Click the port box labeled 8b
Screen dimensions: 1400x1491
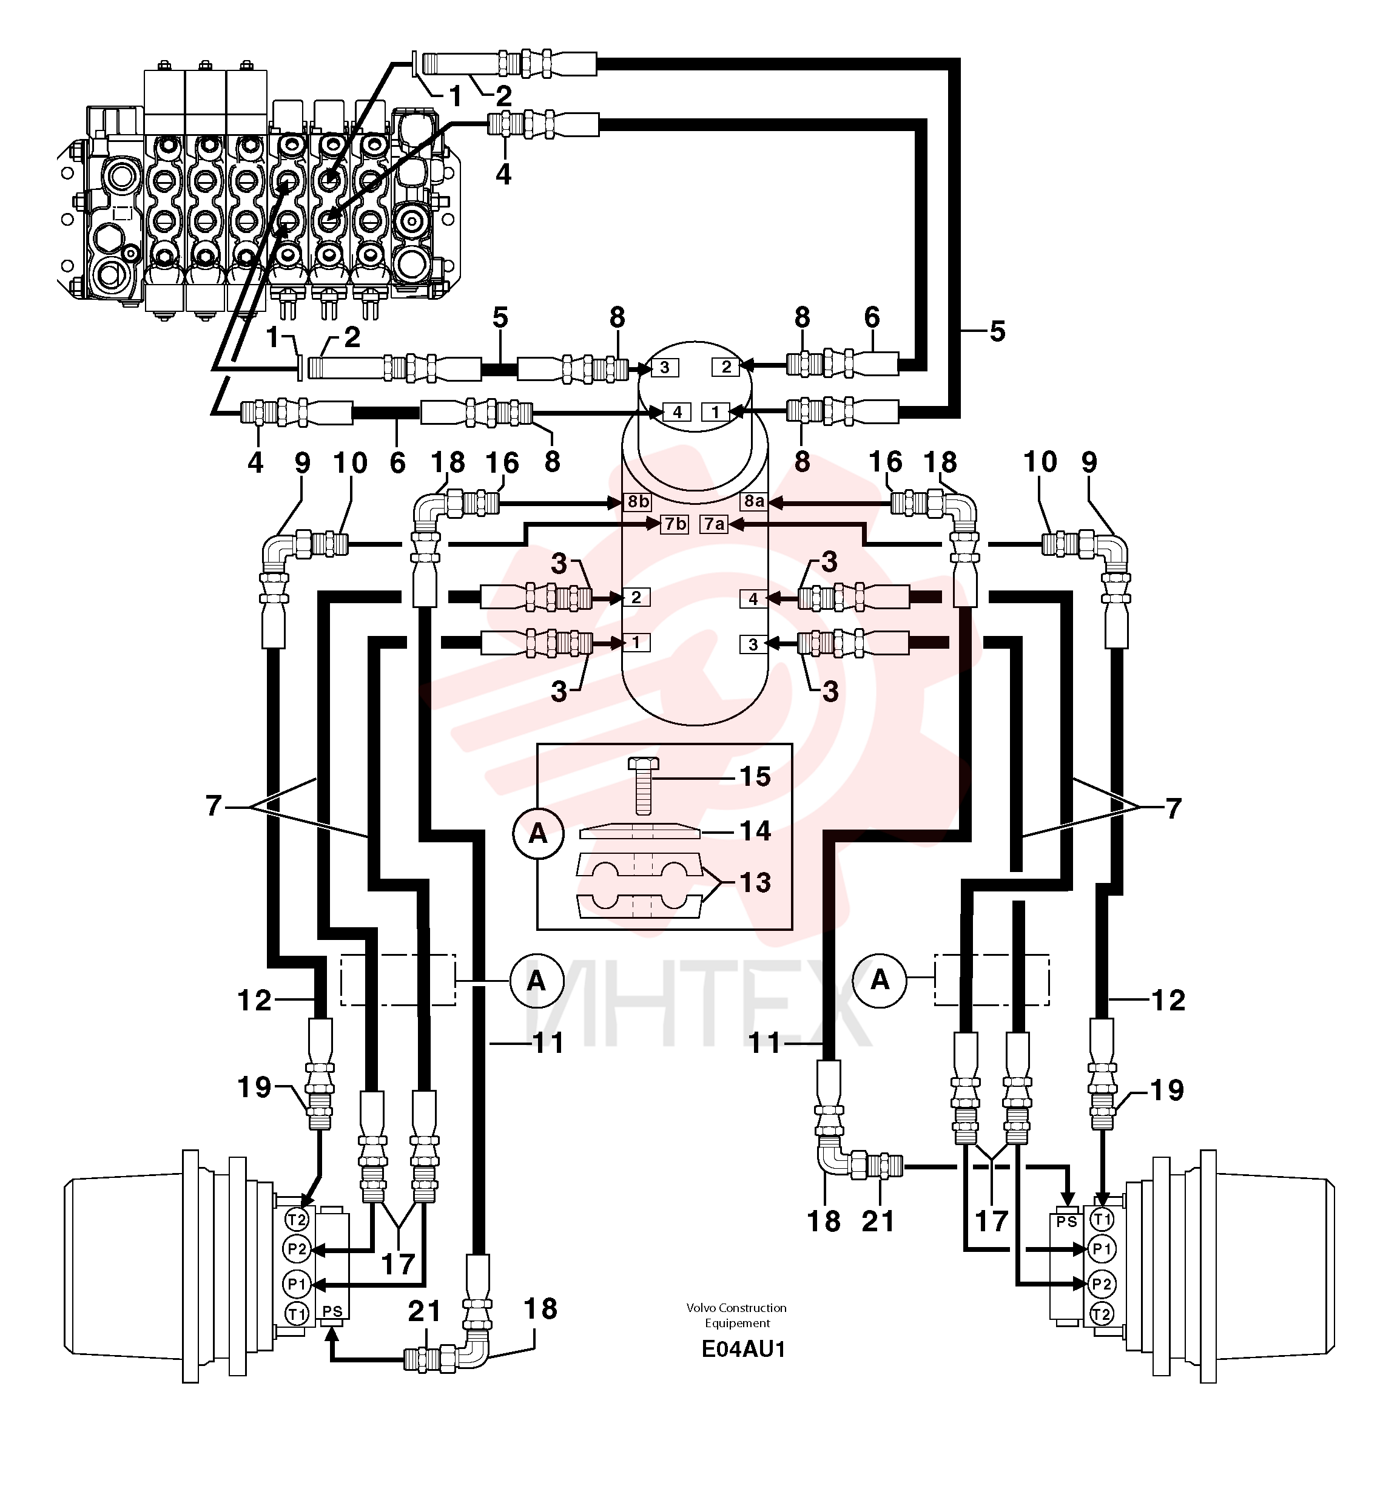coord(638,502)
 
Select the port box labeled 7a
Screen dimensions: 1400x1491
coord(714,524)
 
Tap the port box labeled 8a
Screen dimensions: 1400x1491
coord(753,501)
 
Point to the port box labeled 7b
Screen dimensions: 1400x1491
coord(674,524)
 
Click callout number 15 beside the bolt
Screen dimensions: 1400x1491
coord(755,776)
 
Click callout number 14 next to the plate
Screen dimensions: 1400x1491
coord(755,830)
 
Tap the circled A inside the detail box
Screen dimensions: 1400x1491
coord(537,833)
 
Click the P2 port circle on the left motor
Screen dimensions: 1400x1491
coord(297,1249)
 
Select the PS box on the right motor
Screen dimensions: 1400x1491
coord(1066,1222)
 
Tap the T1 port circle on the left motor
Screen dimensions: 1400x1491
coord(297,1313)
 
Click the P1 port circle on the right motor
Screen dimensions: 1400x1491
coord(1101,1249)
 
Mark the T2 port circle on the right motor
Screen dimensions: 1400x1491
coord(1101,1313)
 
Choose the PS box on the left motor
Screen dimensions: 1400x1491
coord(332,1312)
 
